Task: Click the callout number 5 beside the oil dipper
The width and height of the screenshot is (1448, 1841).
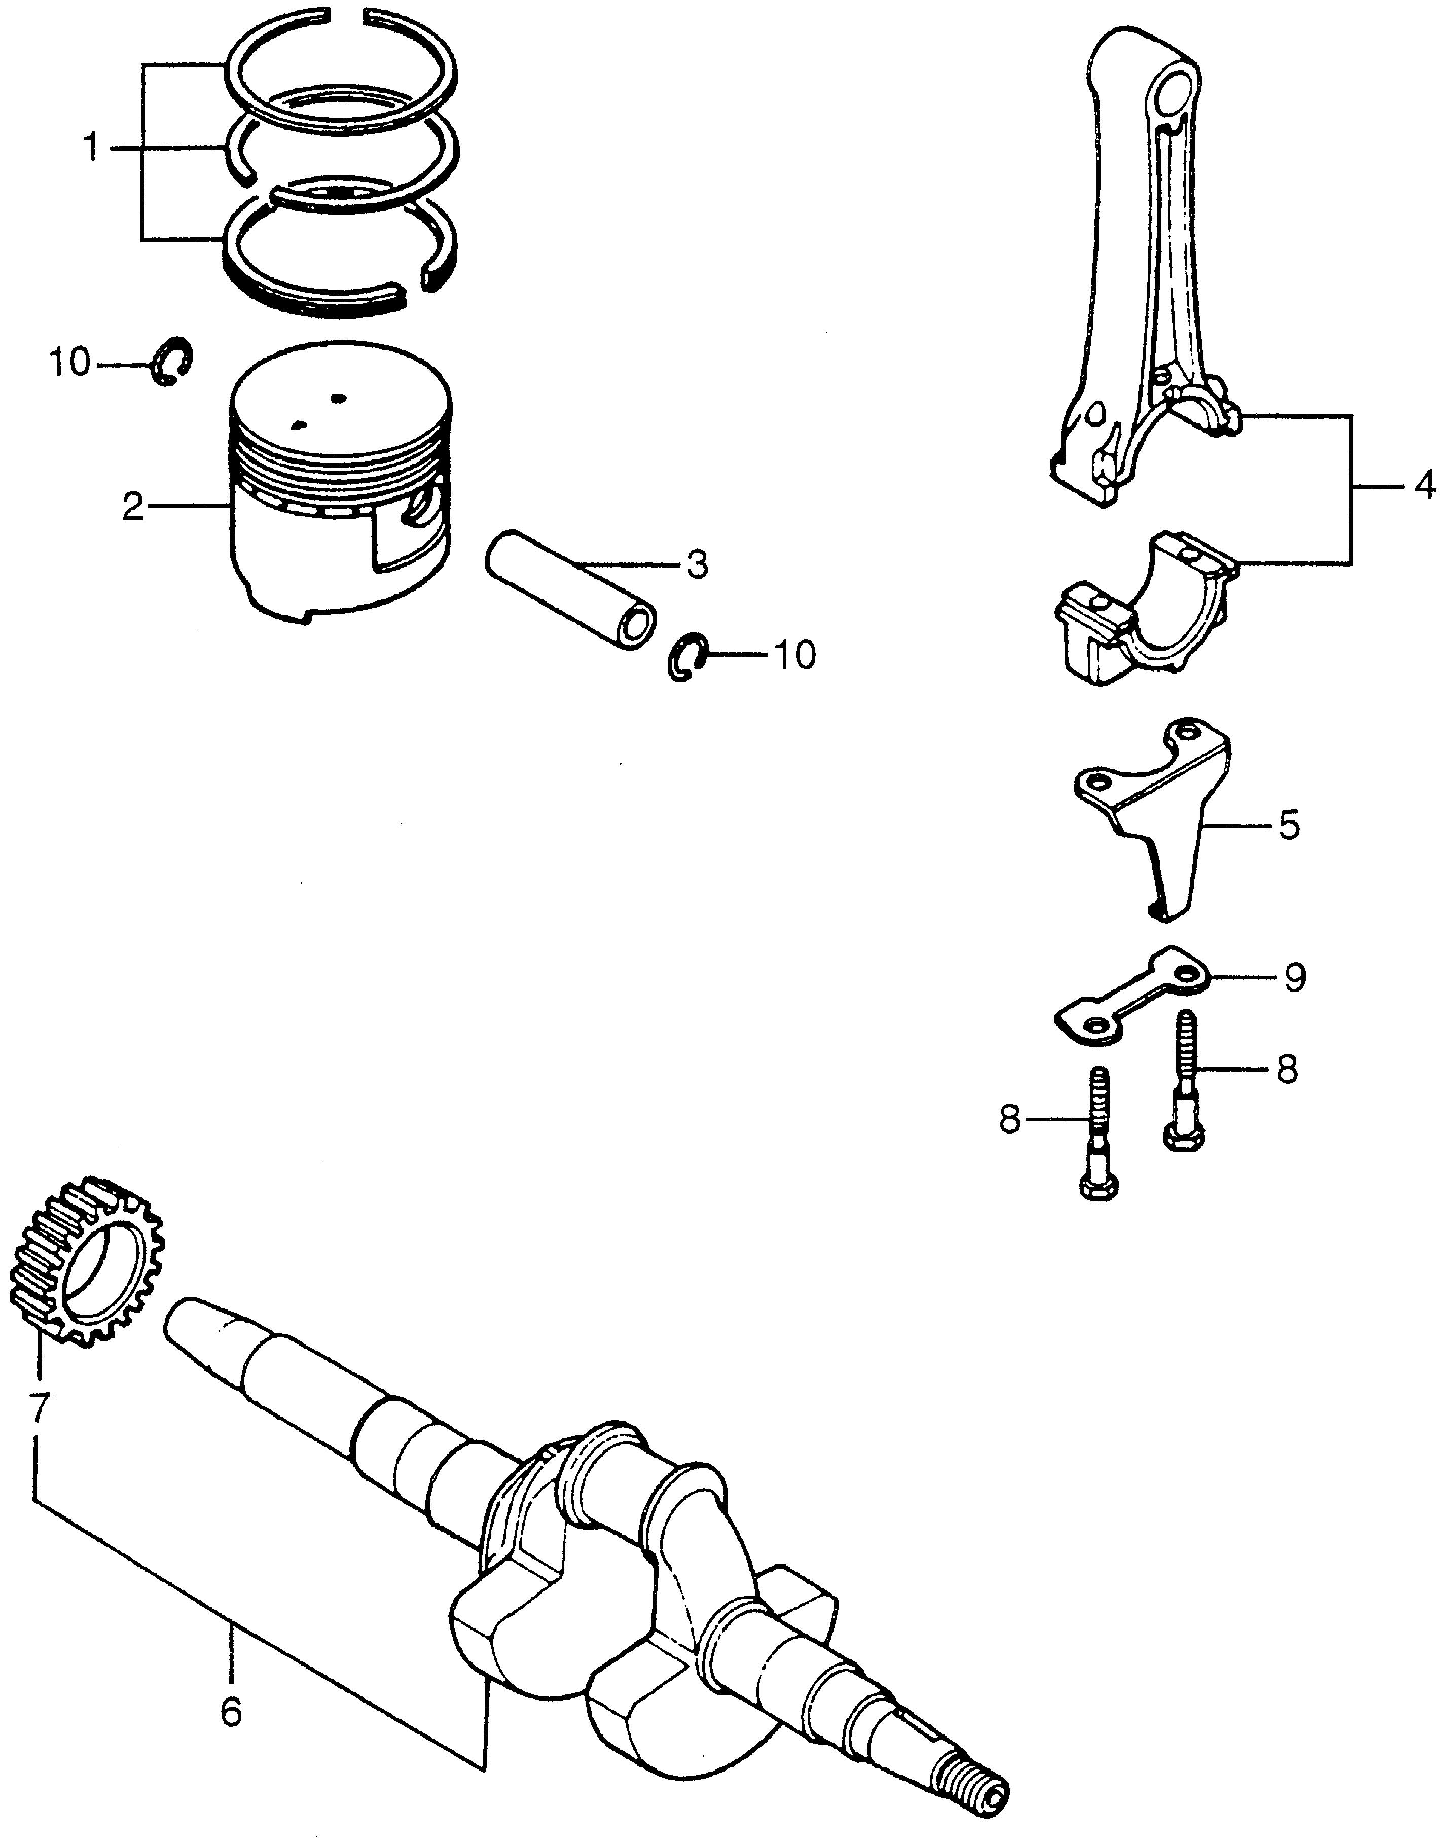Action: [1289, 824]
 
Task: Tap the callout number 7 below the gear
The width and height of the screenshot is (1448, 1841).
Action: [38, 1408]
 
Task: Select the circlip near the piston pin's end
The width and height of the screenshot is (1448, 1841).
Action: [686, 655]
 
